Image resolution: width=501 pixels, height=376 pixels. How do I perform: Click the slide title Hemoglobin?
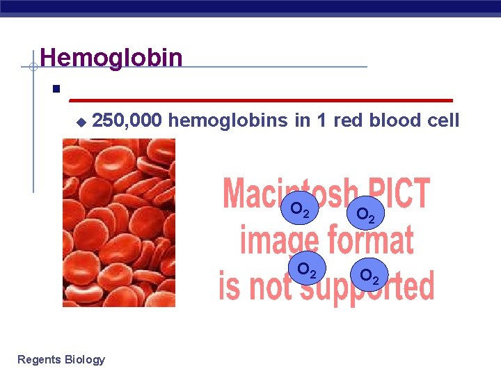pyautogui.click(x=111, y=57)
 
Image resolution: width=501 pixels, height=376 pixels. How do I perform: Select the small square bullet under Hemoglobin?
pyautogui.click(x=55, y=90)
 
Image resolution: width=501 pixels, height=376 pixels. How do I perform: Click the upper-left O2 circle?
pyautogui.click(x=304, y=209)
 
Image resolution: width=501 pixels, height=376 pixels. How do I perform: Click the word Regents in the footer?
pyautogui.click(x=39, y=359)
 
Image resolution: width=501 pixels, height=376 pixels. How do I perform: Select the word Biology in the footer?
pyautogui.click(x=84, y=360)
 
